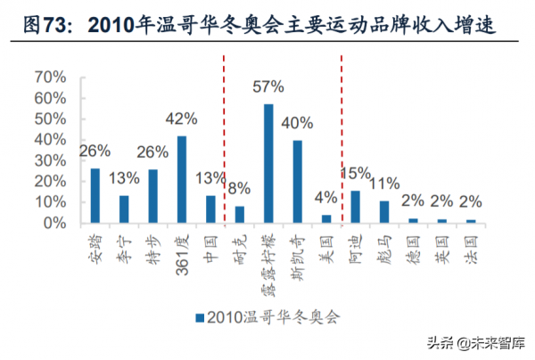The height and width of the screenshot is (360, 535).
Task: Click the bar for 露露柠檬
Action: (268, 164)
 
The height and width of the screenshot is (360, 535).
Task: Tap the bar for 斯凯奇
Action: (297, 182)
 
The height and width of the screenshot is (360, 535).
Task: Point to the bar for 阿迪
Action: (355, 208)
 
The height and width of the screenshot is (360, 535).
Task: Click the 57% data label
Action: (267, 86)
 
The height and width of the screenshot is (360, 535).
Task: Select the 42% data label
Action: (182, 119)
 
